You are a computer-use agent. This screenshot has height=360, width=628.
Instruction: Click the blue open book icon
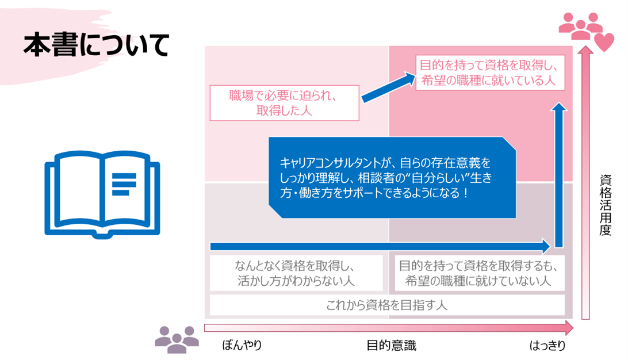tap(102, 193)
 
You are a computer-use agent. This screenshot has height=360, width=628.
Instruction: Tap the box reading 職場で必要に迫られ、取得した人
tap(284, 103)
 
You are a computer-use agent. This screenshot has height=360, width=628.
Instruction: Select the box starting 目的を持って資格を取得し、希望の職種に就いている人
tap(489, 72)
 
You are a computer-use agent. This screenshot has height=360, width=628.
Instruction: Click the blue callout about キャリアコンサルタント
tap(392, 178)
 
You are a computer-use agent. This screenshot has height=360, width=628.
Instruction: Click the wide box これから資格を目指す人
tap(386, 305)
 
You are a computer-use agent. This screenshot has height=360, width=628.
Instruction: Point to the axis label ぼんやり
tap(242, 346)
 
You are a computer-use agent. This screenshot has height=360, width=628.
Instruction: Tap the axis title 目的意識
tap(391, 346)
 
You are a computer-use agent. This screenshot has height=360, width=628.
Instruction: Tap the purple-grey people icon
tap(177, 339)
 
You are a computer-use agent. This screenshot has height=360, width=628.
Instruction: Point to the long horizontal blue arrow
tap(380, 247)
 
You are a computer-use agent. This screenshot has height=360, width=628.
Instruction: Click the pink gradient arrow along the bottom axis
tap(389, 328)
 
